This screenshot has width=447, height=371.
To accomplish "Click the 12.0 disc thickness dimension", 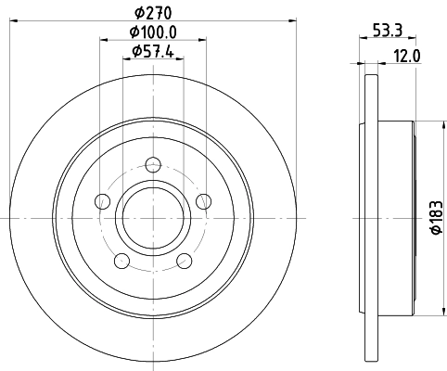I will (408, 54).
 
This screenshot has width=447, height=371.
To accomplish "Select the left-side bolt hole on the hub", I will (102, 201).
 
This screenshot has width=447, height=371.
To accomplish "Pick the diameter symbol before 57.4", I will (132, 51).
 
